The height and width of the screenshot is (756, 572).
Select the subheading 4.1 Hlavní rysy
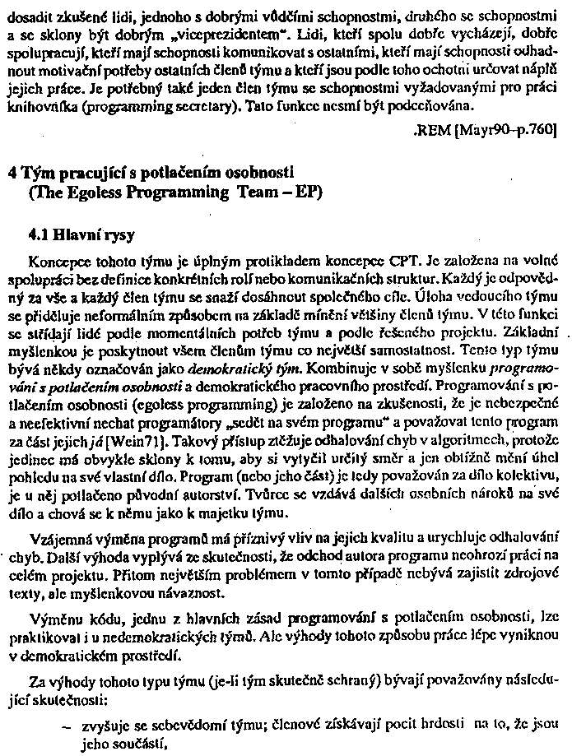coord(81,233)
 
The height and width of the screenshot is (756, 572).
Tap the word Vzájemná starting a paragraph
coord(59,539)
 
